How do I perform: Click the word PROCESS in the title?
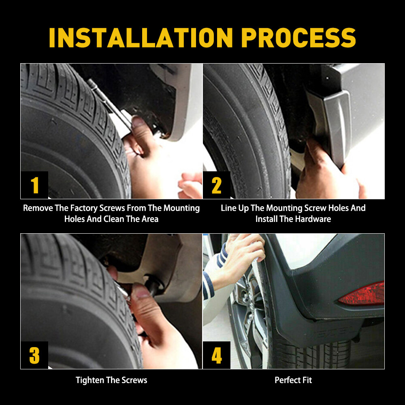pyautogui.click(x=298, y=38)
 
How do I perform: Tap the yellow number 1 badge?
pyautogui.click(x=34, y=185)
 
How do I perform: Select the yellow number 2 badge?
pyautogui.click(x=217, y=185)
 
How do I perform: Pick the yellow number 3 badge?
pyautogui.click(x=34, y=355)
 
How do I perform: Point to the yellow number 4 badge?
pyautogui.click(x=217, y=355)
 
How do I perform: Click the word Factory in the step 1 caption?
pyautogui.click(x=84, y=208)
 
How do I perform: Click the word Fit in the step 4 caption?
pyautogui.click(x=307, y=380)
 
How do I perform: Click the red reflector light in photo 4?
pyautogui.click(x=362, y=294)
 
